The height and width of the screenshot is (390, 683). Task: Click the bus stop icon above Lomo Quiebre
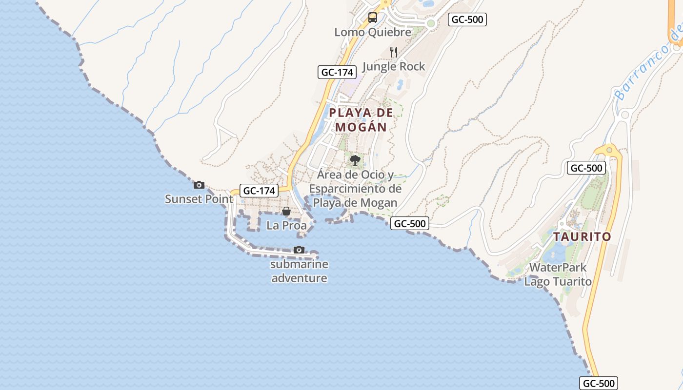tap(373, 18)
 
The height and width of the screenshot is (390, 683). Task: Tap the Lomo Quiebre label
tap(373, 32)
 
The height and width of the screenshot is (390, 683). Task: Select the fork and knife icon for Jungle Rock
tap(394, 52)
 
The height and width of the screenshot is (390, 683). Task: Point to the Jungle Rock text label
tap(394, 66)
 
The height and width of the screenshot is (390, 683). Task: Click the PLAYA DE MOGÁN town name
tap(361, 120)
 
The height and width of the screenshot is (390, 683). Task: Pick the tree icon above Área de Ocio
tap(355, 160)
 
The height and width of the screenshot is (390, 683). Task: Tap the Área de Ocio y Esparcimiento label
tap(355, 188)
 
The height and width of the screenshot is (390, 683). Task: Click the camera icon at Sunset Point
tap(199, 185)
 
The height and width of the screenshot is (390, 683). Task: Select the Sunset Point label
tap(199, 199)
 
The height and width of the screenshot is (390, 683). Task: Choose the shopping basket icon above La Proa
tap(286, 211)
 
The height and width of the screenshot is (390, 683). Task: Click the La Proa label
tap(286, 226)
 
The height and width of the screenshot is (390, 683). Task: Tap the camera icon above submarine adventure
tap(299, 250)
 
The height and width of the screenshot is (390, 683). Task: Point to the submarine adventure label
tap(299, 272)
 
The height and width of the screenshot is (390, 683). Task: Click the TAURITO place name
tap(582, 237)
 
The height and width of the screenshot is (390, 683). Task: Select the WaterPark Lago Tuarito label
tap(558, 274)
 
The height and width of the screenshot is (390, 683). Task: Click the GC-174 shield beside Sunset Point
tap(260, 191)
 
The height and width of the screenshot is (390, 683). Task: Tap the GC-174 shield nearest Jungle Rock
tap(336, 72)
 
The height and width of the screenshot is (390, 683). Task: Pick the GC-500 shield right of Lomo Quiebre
tap(467, 19)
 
